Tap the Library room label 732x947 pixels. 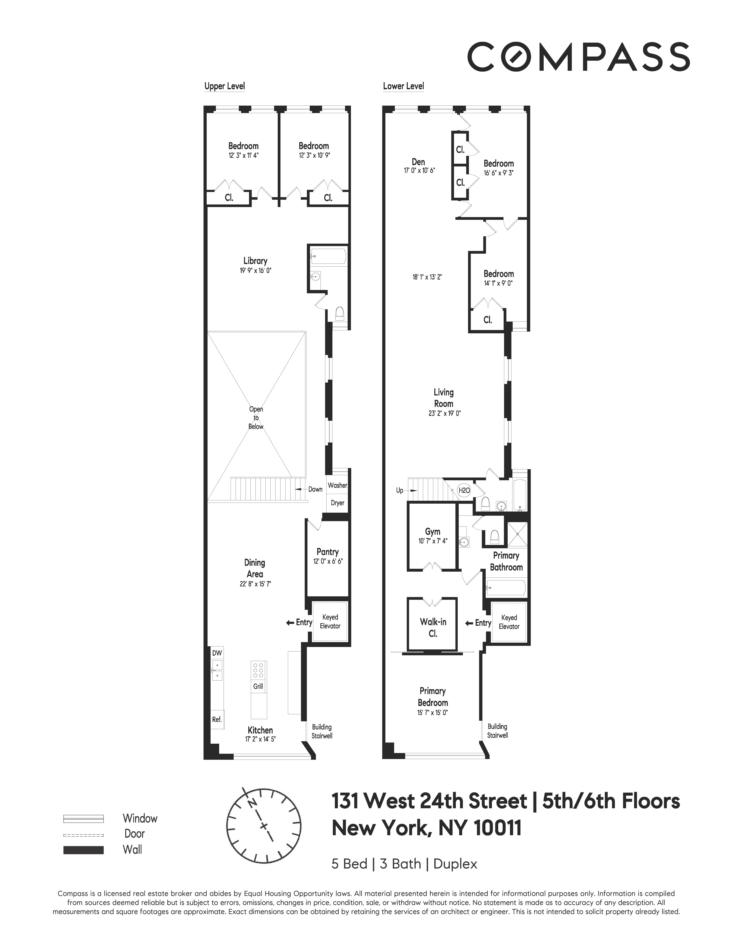[x=255, y=261]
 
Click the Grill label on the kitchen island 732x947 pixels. [x=258, y=686]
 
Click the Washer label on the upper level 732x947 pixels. [x=337, y=485]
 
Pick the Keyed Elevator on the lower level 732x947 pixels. [x=509, y=622]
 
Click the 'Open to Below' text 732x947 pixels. [x=256, y=418]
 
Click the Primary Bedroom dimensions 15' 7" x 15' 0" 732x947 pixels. [x=432, y=712]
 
